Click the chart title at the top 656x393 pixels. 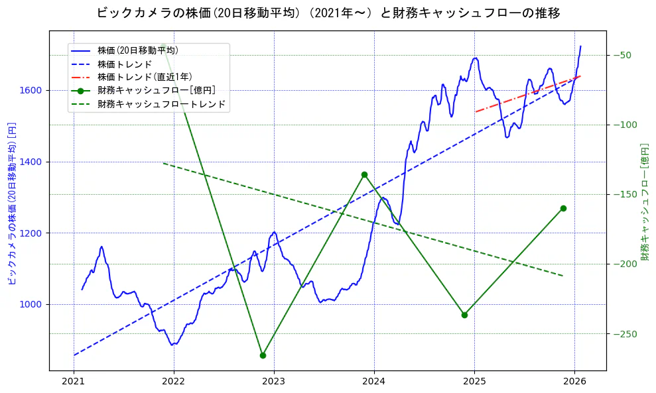tap(328, 13)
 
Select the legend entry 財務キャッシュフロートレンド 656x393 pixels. tap(161, 104)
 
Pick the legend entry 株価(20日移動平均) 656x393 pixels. tap(137, 50)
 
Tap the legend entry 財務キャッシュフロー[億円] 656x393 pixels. tap(156, 91)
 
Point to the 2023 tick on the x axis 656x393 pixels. tap(274, 381)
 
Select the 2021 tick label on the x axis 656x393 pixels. tap(74, 381)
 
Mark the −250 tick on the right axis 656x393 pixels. tap(622, 333)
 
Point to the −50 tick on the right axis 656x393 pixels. tap(622, 55)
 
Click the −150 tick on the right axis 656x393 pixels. tap(622, 194)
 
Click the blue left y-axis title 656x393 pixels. tap(11, 202)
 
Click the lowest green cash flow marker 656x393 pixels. tap(263, 355)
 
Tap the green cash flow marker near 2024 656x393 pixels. tap(364, 174)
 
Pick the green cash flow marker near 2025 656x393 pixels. tap(464, 315)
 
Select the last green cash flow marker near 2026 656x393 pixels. tap(563, 208)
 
